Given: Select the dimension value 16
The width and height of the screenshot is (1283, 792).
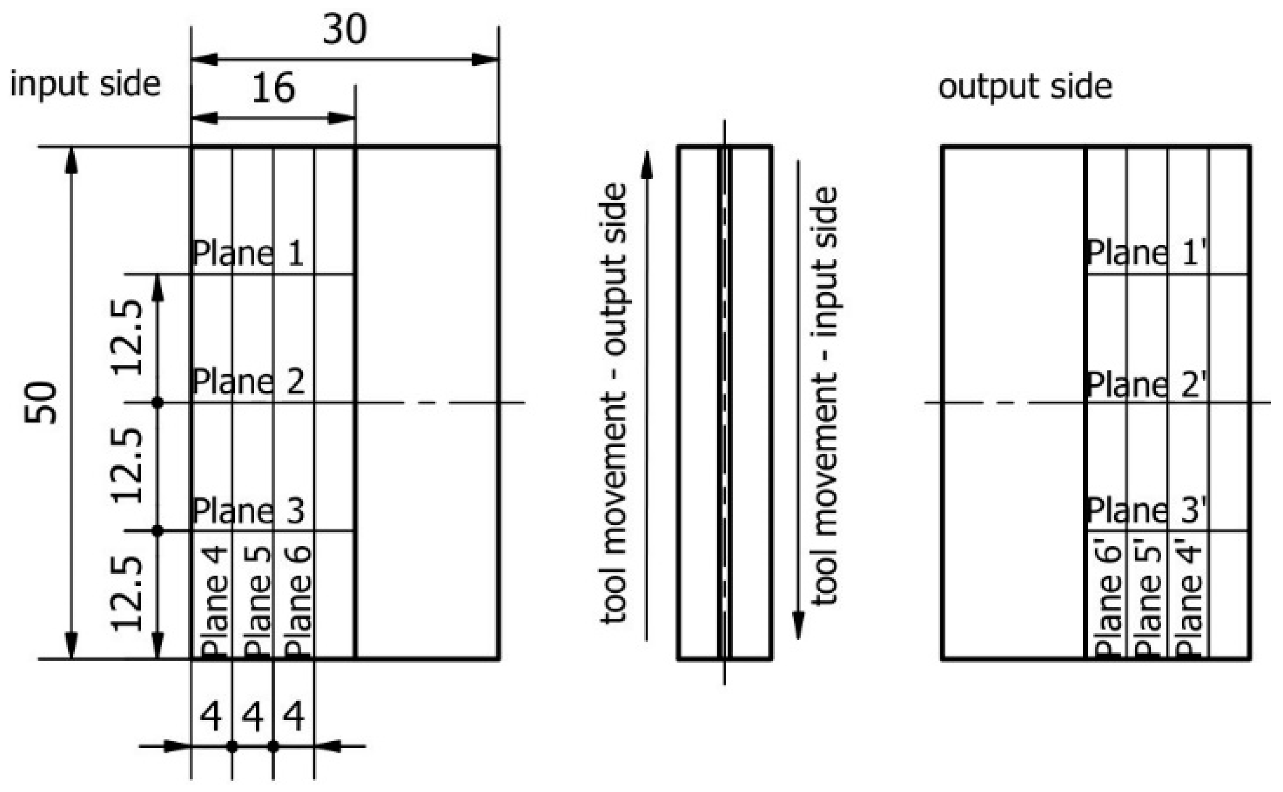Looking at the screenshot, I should pyautogui.click(x=273, y=88).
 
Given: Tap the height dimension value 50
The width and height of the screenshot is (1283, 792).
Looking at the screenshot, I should pyautogui.click(x=40, y=402).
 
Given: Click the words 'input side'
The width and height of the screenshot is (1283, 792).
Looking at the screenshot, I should pyautogui.click(x=85, y=85).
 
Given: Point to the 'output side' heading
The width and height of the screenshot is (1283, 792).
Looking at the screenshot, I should pyautogui.click(x=1025, y=87).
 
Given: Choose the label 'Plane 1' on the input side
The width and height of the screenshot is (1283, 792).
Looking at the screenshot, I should pyautogui.click(x=248, y=254).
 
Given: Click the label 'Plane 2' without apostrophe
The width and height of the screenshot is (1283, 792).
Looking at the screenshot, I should pyautogui.click(x=248, y=382).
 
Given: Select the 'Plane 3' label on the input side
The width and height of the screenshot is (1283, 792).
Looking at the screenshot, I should pyautogui.click(x=248, y=511).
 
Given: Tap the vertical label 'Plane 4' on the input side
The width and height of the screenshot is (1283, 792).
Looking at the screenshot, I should pyautogui.click(x=214, y=601).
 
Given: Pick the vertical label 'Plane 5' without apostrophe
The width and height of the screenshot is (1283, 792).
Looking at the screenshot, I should pyautogui.click(x=256, y=601).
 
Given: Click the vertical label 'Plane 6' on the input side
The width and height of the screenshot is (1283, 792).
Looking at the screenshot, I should pyautogui.click(x=298, y=601).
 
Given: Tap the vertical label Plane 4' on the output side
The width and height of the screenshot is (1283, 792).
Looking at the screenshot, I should pyautogui.click(x=1189, y=601).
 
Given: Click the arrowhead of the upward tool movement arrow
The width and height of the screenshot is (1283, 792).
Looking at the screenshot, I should pyautogui.click(x=647, y=165).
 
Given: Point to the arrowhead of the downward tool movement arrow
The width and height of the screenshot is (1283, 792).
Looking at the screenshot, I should pyautogui.click(x=798, y=626).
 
